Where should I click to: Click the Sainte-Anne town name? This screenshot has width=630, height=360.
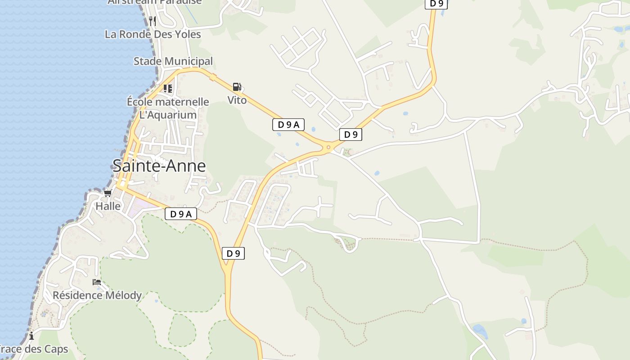(x=159, y=166)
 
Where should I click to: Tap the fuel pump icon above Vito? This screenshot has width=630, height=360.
(x=237, y=87)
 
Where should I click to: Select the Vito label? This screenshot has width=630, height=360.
(x=237, y=100)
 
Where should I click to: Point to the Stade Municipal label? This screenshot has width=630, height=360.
(x=173, y=61)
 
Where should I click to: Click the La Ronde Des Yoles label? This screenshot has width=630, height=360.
(x=153, y=34)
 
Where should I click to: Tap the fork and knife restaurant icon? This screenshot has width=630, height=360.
(x=153, y=21)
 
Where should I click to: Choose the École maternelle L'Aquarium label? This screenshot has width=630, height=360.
(x=168, y=108)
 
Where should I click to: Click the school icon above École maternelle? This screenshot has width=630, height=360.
(x=168, y=88)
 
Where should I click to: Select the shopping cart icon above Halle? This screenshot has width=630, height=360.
(x=108, y=193)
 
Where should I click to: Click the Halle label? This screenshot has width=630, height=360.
(x=108, y=206)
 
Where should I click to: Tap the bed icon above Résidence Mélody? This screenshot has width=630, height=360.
(x=97, y=282)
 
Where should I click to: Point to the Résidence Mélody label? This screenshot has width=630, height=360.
(x=97, y=295)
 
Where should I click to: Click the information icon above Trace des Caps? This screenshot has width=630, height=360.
(x=31, y=336)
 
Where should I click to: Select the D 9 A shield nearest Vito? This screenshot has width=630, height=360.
(x=288, y=125)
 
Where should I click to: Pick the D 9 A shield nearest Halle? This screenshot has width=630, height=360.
(x=181, y=214)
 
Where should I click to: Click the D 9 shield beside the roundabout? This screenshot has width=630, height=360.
(x=351, y=134)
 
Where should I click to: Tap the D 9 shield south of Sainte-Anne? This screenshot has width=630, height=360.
(x=233, y=253)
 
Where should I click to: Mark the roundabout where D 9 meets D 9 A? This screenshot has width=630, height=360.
(x=328, y=147)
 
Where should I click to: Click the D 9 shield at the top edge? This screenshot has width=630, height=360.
(x=436, y=4)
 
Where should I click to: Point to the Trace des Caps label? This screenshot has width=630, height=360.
(x=34, y=349)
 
